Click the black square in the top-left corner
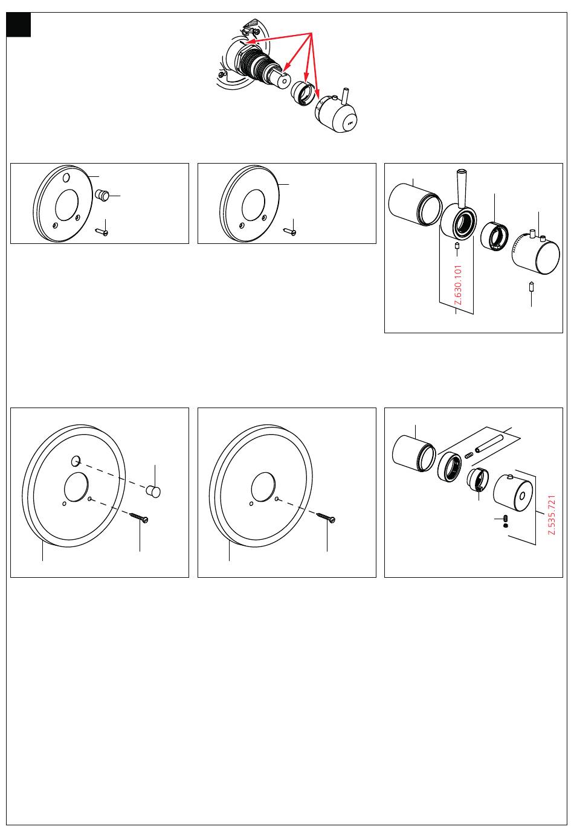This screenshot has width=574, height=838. [x=18, y=25]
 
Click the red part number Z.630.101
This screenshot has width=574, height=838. [x=458, y=285]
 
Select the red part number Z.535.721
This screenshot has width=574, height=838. [x=552, y=515]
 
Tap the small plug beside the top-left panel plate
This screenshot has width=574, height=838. [x=102, y=194]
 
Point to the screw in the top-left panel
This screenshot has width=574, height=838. [x=102, y=232]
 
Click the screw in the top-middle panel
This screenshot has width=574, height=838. [x=289, y=232]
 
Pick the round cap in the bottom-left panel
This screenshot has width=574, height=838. [x=153, y=491]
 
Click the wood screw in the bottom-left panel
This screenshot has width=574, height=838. [x=139, y=517]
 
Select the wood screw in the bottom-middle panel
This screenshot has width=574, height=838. [x=326, y=517]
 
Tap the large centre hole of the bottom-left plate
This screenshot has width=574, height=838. [x=76, y=487]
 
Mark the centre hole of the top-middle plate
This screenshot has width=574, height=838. [x=254, y=204]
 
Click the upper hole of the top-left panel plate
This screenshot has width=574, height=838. [x=66, y=177]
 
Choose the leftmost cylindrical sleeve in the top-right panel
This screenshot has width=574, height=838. [x=415, y=204]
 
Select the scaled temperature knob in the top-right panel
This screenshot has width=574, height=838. [x=536, y=253]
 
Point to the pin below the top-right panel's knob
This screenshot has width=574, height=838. [x=531, y=287]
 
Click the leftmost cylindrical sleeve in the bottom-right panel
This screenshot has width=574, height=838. [x=414, y=453]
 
